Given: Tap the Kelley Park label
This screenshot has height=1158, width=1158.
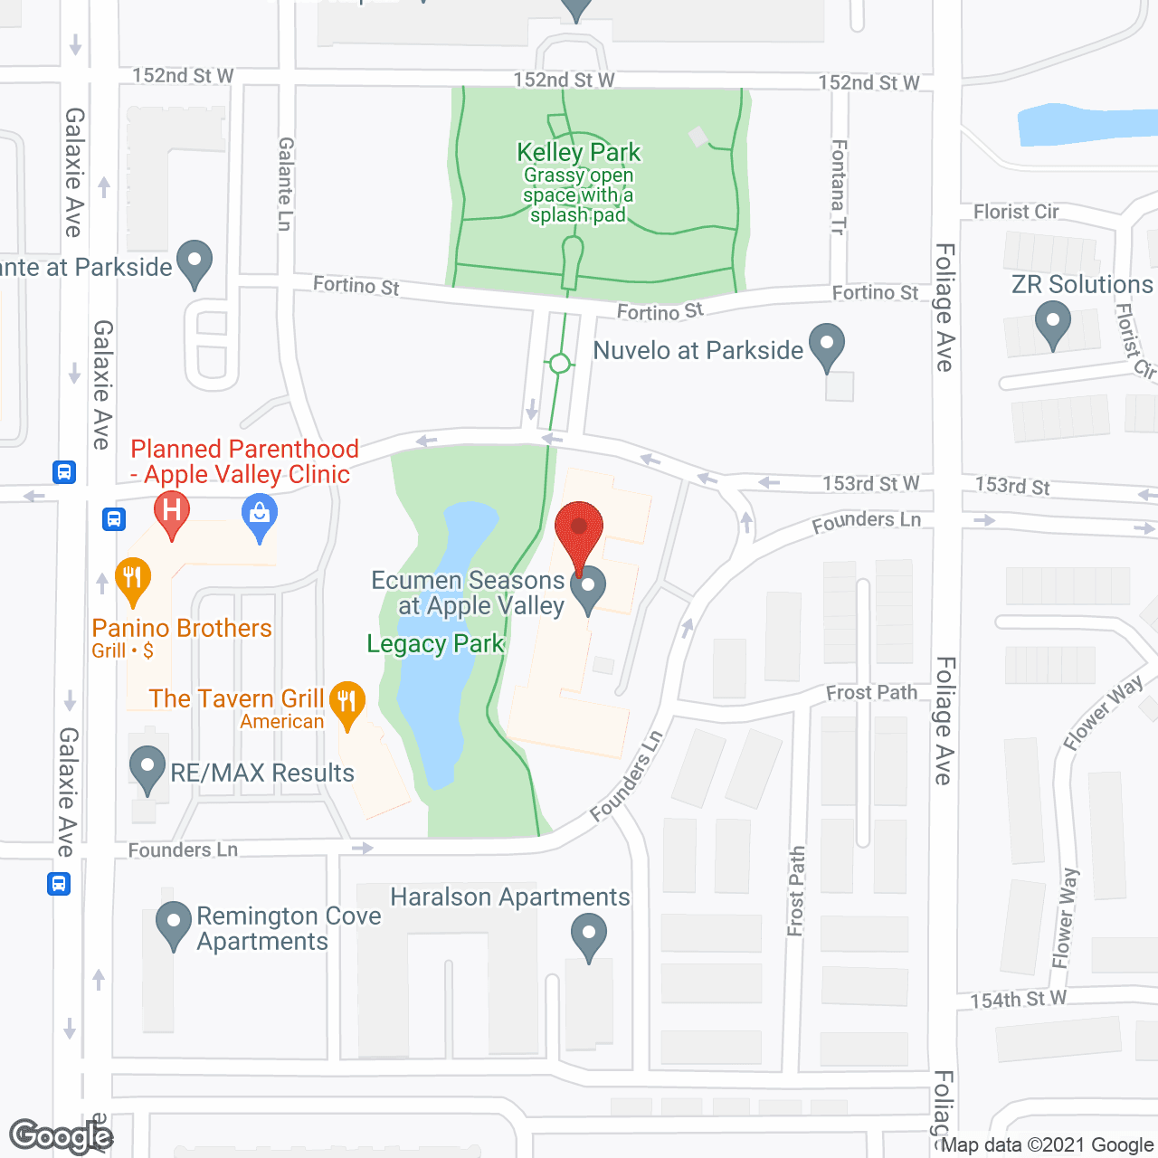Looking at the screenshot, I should (578, 152).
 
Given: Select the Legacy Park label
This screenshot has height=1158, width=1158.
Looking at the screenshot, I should (435, 643).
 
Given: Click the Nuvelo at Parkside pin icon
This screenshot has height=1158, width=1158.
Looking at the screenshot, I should (826, 346).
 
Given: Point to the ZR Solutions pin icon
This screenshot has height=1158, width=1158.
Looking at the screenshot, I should (1052, 323).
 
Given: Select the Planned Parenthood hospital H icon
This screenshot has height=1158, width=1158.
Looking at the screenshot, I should (172, 513).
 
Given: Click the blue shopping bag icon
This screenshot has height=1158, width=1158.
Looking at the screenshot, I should (260, 517).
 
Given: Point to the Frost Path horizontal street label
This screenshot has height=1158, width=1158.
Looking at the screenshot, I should (871, 693).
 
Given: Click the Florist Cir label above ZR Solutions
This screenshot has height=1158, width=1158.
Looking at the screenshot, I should (1016, 212).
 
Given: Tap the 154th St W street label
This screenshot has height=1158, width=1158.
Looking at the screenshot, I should (1019, 1000).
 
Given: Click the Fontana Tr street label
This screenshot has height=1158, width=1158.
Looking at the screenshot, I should (839, 187).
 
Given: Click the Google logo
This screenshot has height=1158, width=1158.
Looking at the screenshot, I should (61, 1136).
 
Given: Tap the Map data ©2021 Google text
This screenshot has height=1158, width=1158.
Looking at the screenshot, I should (1048, 1145).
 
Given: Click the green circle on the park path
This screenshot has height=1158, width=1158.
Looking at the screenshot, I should (560, 364).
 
